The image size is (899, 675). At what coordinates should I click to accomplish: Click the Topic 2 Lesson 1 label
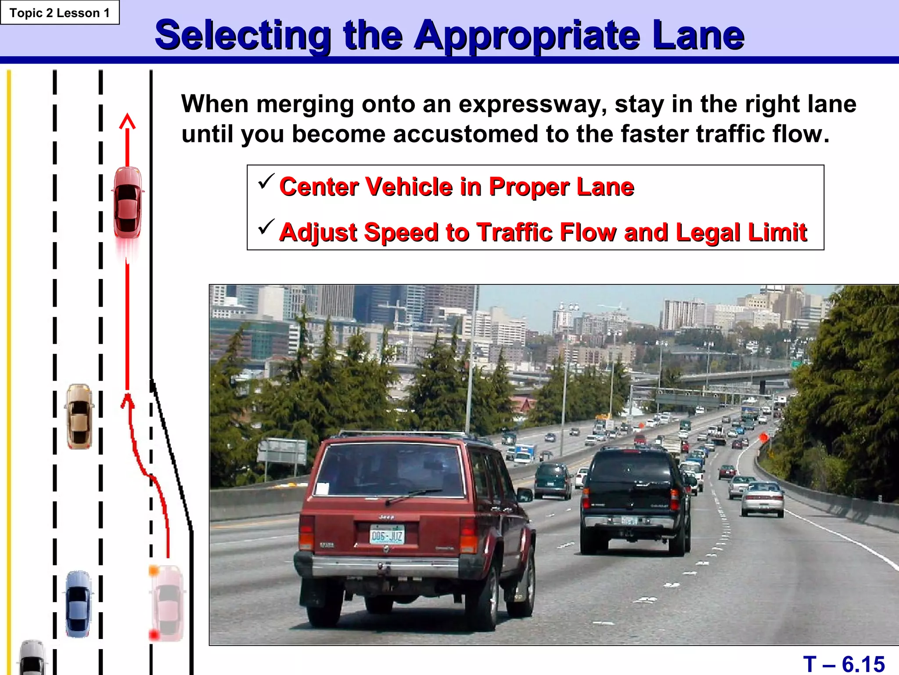coord(60,13)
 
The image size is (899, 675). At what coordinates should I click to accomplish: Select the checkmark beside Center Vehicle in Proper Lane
coord(266,181)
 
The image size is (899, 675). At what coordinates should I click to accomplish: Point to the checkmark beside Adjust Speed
coord(266,227)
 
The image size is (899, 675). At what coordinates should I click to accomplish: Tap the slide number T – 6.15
coord(843,664)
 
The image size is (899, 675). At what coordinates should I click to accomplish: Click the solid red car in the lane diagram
coord(128,203)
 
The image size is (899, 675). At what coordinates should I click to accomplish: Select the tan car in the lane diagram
coord(79,416)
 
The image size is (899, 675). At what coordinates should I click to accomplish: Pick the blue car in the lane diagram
coord(79,604)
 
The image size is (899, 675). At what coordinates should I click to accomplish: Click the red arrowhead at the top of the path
coord(127,121)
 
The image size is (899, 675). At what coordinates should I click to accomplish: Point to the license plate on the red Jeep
coord(386,535)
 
